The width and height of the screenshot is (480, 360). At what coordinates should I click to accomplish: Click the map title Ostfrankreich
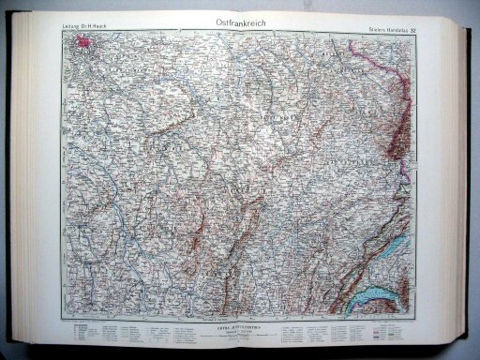(x=239, y=22)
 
